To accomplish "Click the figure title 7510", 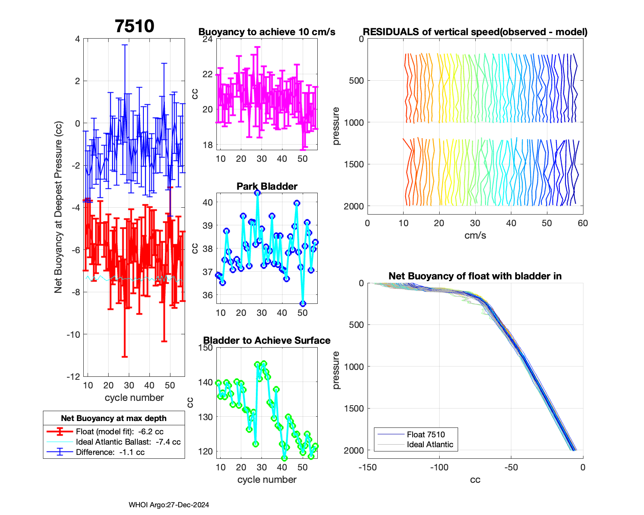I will click(x=134, y=26).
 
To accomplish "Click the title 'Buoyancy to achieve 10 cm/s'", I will click(x=267, y=32).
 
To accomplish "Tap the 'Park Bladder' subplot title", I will click(x=267, y=186).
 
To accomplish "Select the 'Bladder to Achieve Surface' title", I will click(x=267, y=340).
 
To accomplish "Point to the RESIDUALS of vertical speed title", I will click(x=475, y=32).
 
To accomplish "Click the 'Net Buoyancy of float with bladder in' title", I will click(x=475, y=276).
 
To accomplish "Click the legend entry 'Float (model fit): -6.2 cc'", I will click(x=119, y=432).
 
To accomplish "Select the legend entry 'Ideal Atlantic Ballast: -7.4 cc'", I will click(x=128, y=442).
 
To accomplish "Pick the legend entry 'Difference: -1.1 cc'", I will click(x=110, y=452).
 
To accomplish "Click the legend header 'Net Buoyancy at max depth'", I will click(x=114, y=418).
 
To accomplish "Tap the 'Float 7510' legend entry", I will click(x=425, y=435).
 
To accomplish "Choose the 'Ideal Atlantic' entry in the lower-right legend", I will click(x=430, y=445).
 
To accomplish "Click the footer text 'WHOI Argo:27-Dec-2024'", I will click(x=169, y=505).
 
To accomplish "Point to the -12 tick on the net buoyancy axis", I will click(x=73, y=377).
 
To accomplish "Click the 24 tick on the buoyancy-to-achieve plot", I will click(x=208, y=39).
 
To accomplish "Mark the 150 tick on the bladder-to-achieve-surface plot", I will click(x=207, y=348).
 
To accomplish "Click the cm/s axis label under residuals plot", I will click(x=475, y=235).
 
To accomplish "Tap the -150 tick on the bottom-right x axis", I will click(x=368, y=467).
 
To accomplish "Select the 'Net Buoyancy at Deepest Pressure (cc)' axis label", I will click(x=58, y=207).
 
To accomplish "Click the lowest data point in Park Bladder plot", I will click(x=303, y=303).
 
